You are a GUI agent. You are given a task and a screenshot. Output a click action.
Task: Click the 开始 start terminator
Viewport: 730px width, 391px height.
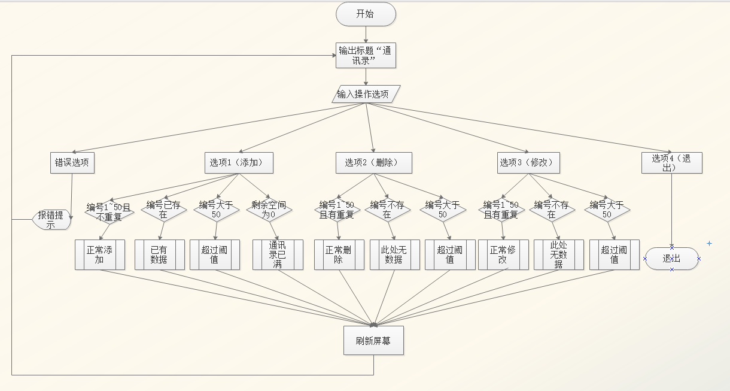coord(366,14)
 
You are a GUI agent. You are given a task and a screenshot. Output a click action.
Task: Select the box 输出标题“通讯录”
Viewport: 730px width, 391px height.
coord(366,56)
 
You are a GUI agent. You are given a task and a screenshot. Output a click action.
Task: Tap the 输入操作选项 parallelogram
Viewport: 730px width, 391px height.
coord(366,94)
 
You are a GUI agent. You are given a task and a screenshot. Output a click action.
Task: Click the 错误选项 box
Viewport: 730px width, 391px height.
coord(73,162)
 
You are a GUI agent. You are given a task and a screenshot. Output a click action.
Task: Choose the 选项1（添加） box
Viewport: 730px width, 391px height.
coord(239,162)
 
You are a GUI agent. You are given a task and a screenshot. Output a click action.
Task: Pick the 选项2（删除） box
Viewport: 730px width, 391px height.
coord(375,162)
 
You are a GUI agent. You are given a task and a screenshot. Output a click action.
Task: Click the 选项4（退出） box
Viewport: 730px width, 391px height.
coord(671,162)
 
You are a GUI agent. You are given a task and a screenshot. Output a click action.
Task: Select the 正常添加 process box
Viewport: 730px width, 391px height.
coord(100,254)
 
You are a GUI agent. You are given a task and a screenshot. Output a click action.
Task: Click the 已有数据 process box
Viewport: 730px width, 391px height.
coord(159,254)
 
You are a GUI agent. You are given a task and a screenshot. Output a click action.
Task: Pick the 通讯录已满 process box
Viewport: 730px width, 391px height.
coord(278,254)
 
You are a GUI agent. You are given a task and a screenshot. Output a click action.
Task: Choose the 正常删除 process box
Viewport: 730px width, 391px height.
coord(339,254)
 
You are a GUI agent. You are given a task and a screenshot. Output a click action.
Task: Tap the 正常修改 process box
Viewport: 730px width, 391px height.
coord(503,254)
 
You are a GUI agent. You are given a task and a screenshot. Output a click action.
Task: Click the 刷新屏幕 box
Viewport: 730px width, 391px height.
coord(374,341)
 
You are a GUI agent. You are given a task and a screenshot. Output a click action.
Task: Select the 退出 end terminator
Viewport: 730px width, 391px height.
coord(671,259)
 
